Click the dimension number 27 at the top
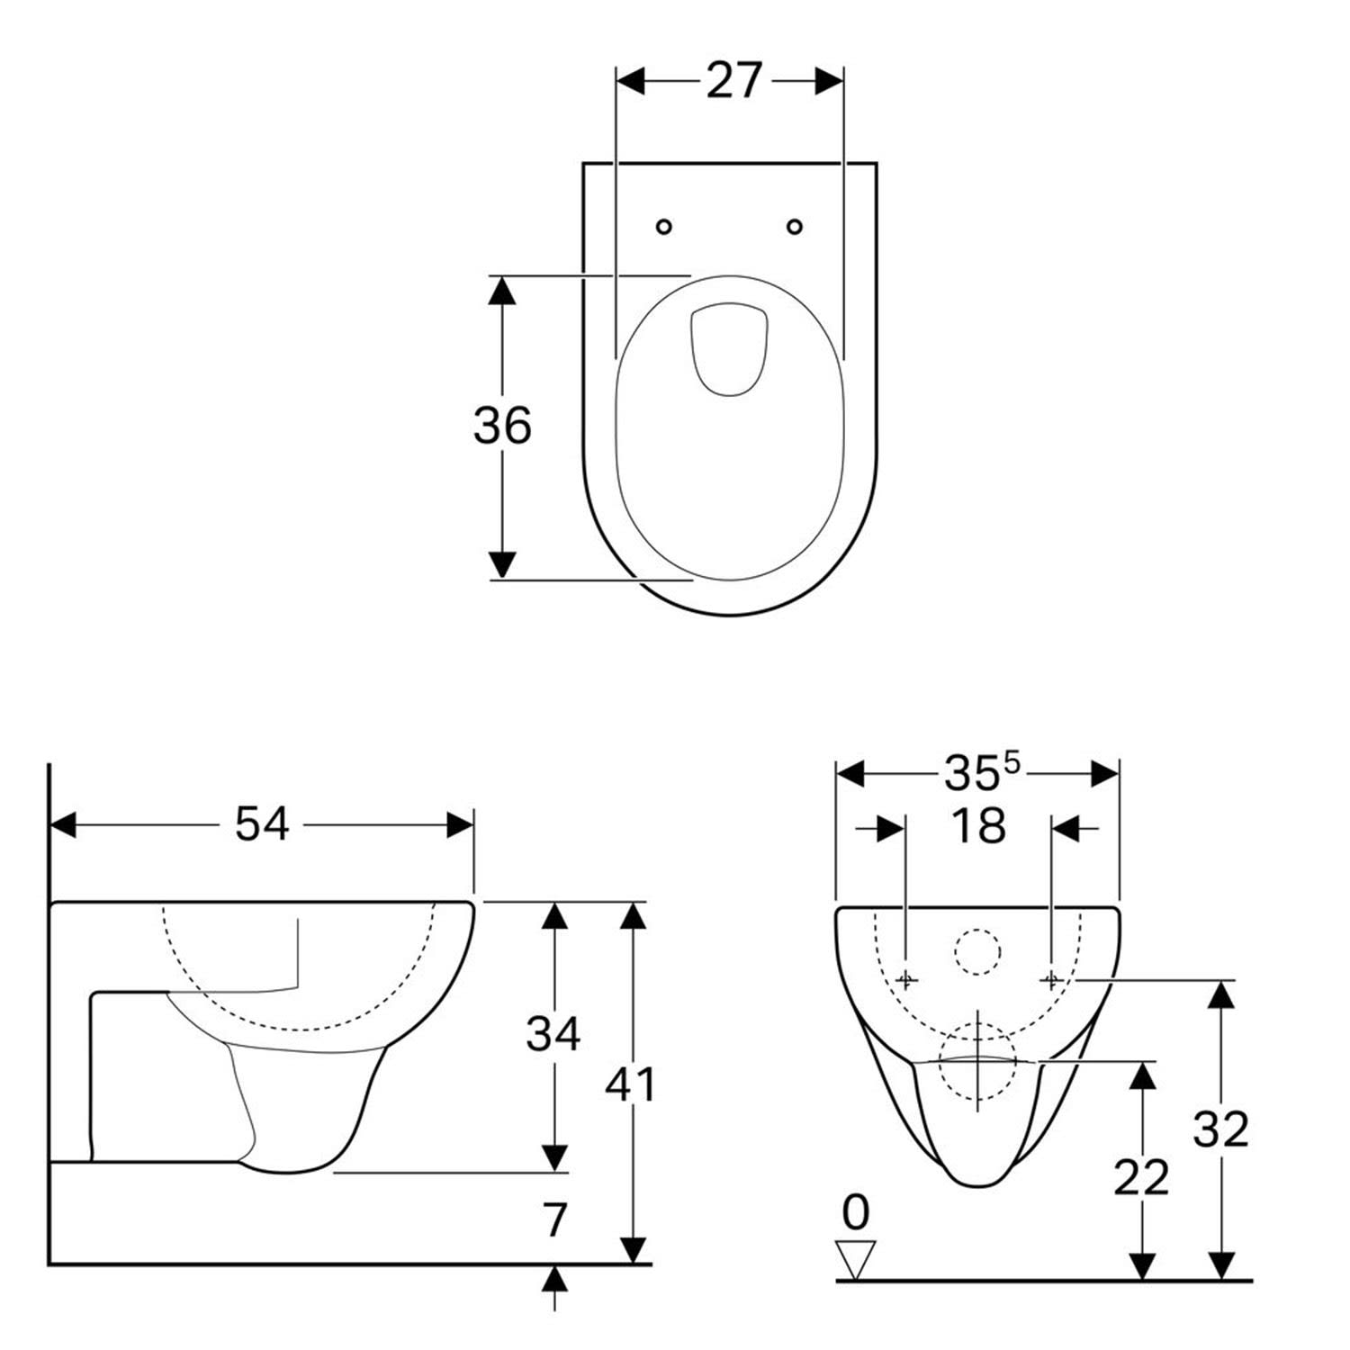tap(733, 81)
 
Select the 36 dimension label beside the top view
tap(502, 425)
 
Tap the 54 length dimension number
tap(262, 823)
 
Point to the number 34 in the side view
tap(553, 1033)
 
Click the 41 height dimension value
tap(630, 1084)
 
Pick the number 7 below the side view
tap(556, 1219)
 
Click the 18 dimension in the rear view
tap(978, 825)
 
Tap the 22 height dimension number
tap(1141, 1177)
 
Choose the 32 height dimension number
tap(1221, 1129)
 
